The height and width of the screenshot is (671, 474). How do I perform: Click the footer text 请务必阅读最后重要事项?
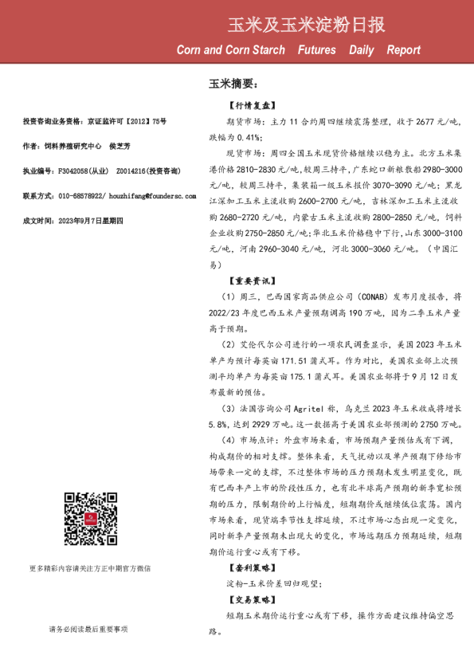tap(88, 630)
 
